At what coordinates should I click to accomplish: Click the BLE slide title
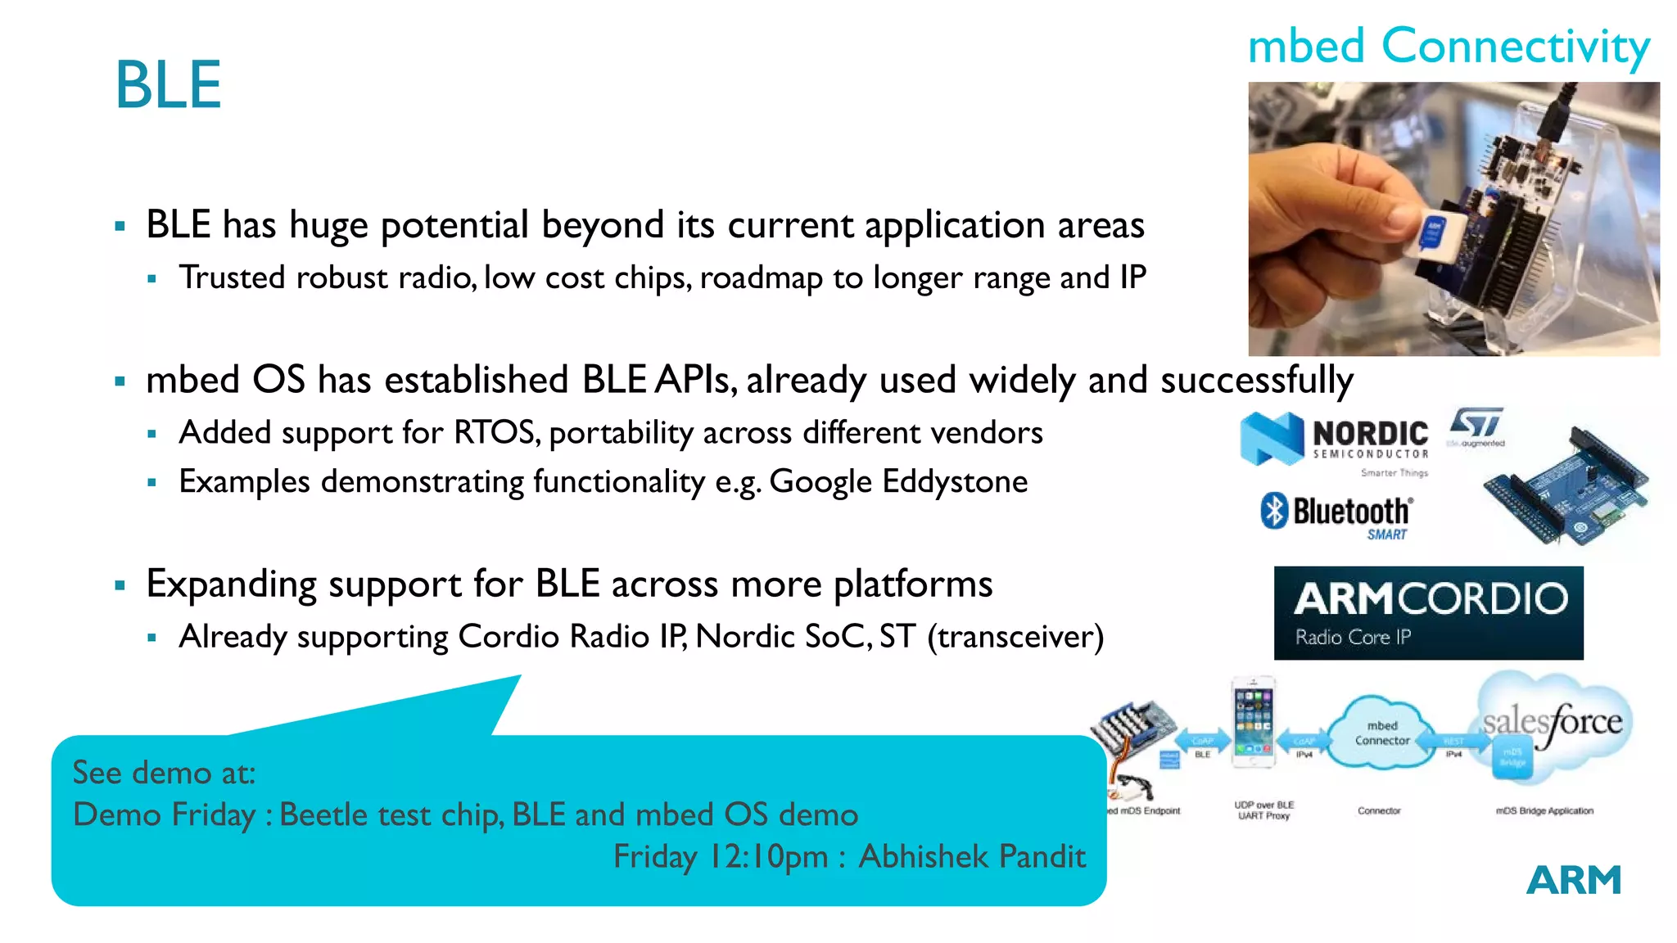click(168, 85)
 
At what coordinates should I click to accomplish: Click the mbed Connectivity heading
click(1448, 47)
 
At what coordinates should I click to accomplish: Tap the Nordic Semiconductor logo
click(1336, 440)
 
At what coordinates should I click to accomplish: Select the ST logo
click(1476, 425)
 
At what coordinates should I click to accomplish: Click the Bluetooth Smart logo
click(1337, 514)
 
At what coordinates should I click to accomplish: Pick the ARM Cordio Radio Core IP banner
click(1428, 613)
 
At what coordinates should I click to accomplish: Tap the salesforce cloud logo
click(1553, 722)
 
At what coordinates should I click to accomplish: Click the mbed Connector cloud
click(1381, 733)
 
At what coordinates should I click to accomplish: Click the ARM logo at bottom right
click(1573, 881)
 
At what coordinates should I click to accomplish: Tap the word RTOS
click(496, 432)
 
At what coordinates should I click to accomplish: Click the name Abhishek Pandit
click(972, 857)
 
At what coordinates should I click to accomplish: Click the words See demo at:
click(164, 773)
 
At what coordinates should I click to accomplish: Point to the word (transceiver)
click(1015, 636)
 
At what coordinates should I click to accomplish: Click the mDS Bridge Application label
click(1544, 811)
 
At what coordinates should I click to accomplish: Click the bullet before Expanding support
click(120, 585)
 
